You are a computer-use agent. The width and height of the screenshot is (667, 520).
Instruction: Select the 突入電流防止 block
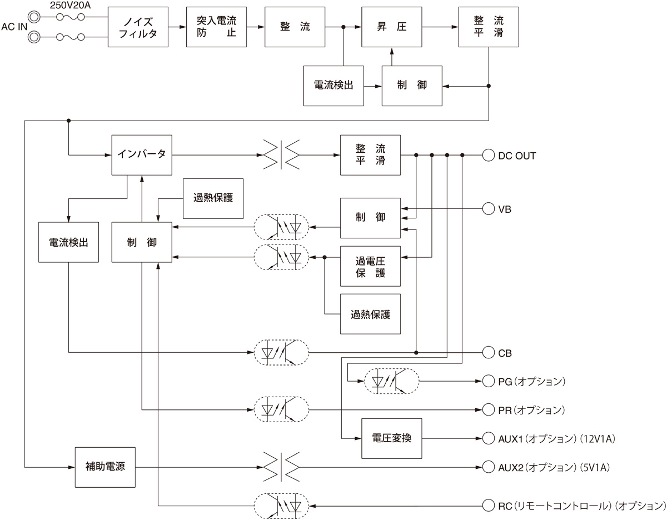click(216, 27)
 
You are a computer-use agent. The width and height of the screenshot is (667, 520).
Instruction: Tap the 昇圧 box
click(392, 27)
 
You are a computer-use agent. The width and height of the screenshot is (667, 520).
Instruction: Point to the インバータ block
click(142, 154)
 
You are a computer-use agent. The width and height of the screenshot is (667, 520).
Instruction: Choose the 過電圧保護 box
click(370, 266)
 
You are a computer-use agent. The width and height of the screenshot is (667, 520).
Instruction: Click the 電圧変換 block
click(392, 437)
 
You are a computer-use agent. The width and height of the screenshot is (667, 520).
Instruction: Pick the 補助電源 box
click(106, 466)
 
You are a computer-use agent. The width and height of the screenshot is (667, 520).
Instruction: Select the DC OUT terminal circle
click(488, 156)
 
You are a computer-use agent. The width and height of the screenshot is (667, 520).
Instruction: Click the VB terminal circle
click(488, 209)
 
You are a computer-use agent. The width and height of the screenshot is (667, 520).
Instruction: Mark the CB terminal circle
click(488, 352)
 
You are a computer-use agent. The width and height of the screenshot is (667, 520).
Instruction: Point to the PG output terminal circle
click(488, 381)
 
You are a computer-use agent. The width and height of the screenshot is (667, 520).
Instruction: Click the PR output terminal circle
click(488, 410)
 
